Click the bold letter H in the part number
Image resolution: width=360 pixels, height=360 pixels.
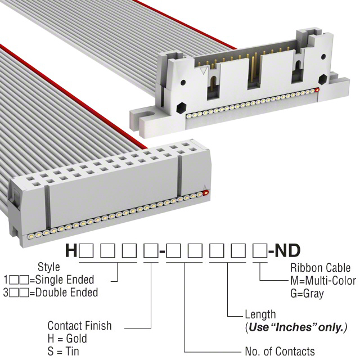[71, 250]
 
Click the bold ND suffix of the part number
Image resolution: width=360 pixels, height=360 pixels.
[287, 250]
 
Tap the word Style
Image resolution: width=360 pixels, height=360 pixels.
[49, 267]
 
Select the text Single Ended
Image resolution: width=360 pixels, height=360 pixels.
[65, 280]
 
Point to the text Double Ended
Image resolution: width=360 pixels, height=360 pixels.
[67, 292]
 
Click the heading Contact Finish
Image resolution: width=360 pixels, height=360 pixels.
[79, 326]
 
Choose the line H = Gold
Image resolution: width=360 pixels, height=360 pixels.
[67, 339]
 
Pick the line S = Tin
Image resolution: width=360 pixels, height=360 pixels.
[64, 352]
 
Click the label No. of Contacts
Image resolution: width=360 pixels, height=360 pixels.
[280, 351]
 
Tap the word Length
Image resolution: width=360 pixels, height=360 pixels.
[260, 314]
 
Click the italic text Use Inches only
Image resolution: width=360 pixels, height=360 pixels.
[298, 327]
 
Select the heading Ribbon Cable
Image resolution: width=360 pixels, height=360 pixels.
[321, 268]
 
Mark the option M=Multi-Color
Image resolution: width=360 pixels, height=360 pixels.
[323, 281]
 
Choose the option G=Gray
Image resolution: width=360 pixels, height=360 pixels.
[307, 294]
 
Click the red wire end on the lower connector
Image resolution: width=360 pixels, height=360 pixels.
[205, 192]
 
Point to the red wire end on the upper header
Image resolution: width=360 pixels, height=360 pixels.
[317, 90]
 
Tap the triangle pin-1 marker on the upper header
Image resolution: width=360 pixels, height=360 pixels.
[204, 70]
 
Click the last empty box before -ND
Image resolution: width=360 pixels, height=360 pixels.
[260, 251]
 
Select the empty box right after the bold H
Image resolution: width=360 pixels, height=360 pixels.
[86, 251]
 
